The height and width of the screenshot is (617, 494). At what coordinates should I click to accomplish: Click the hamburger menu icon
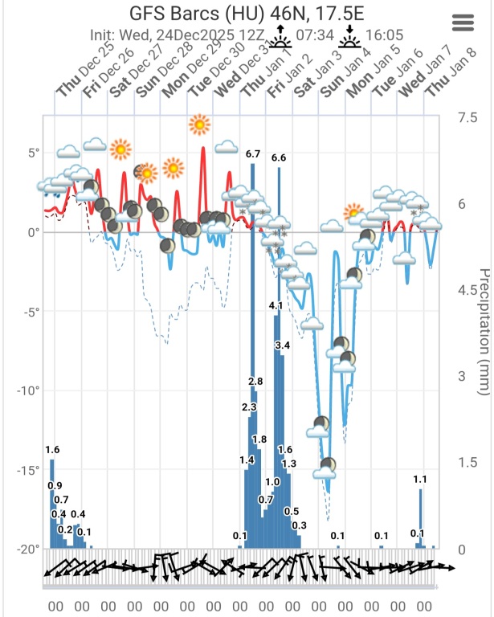(464, 22)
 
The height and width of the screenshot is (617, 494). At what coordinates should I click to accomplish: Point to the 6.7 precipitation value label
(253, 153)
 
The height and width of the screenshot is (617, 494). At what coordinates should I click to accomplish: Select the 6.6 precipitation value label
(279, 158)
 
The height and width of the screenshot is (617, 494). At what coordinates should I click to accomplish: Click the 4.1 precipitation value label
(276, 305)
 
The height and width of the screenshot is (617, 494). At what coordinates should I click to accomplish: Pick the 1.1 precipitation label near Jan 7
(420, 480)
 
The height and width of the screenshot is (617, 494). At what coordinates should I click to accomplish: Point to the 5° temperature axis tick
(33, 153)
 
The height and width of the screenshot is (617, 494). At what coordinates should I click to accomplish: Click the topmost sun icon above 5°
(198, 125)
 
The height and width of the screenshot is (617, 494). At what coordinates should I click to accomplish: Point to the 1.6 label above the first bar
(52, 449)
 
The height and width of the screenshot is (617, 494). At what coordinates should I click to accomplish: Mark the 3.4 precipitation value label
(282, 345)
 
